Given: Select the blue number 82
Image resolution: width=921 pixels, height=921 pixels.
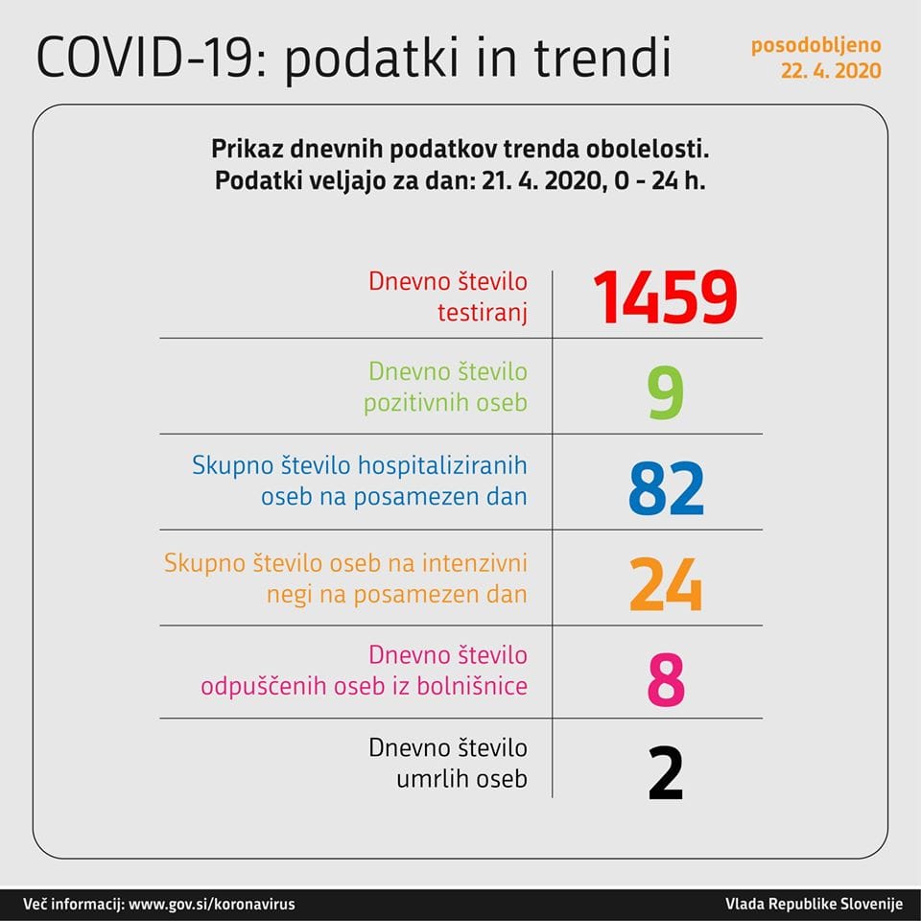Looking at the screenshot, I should [666, 488].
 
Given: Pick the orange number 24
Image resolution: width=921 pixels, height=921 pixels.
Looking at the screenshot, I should [666, 584].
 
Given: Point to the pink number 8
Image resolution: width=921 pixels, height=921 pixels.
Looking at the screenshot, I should [666, 680].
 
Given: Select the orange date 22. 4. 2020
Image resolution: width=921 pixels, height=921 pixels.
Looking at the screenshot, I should [831, 71].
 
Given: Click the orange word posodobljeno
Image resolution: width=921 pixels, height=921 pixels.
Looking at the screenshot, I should [815, 45].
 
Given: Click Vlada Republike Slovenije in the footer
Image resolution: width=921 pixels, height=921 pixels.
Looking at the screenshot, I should [815, 904].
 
